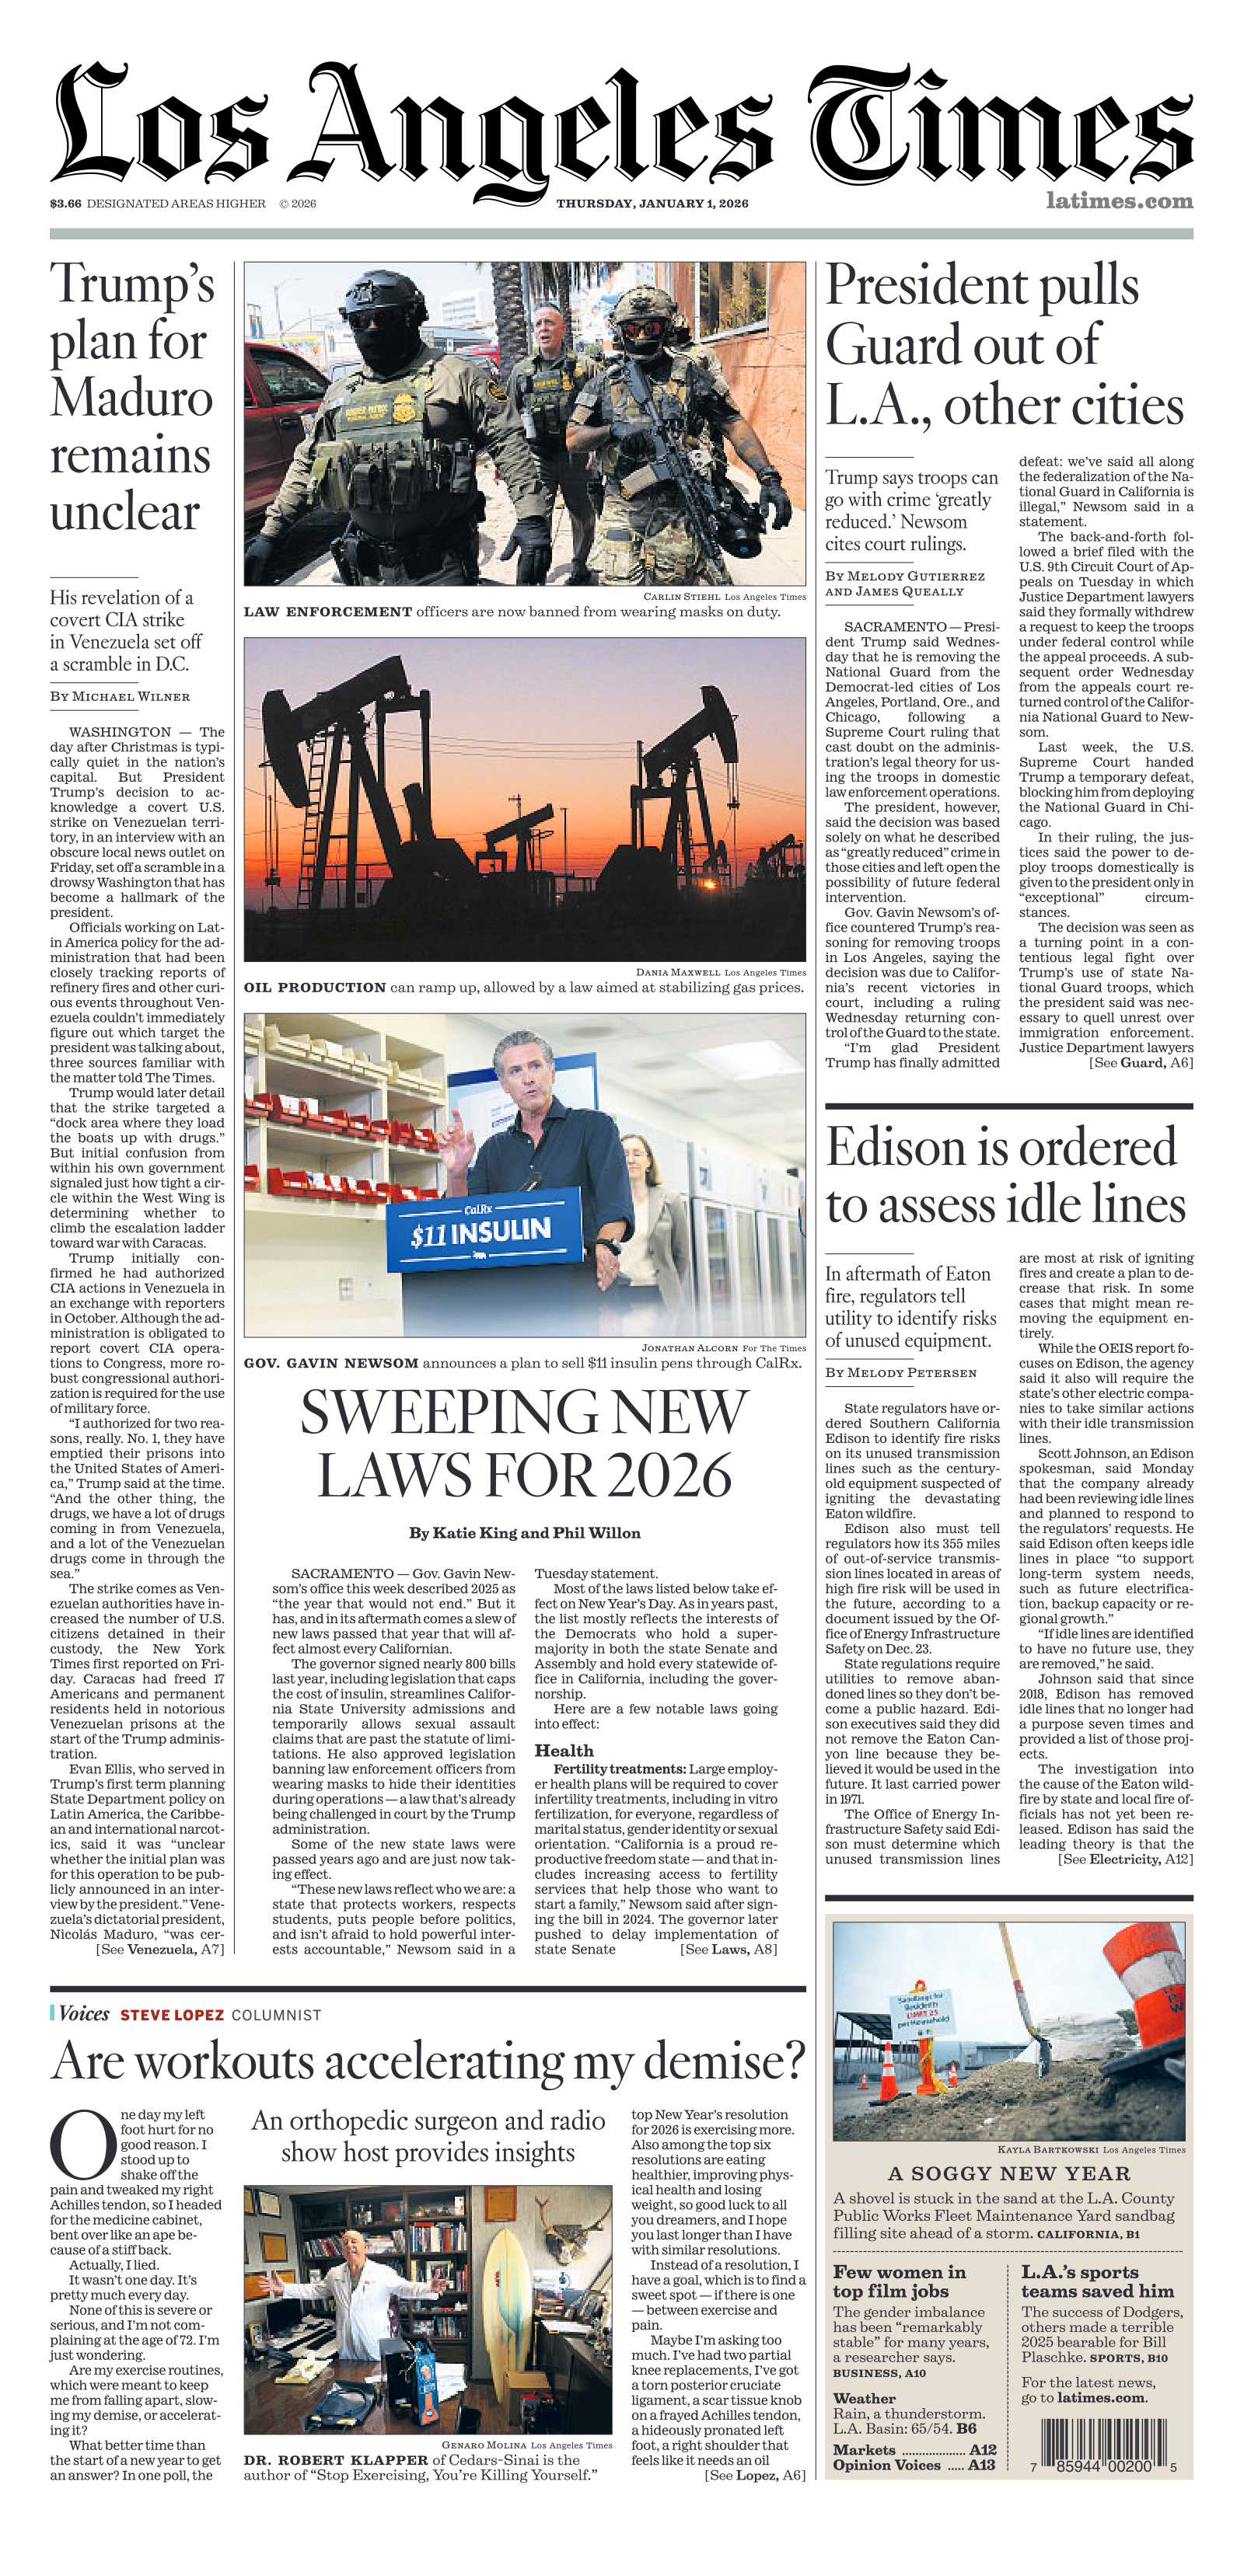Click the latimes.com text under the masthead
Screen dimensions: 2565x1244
pyautogui.click(x=1119, y=201)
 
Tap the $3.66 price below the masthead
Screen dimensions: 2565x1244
pyautogui.click(x=66, y=204)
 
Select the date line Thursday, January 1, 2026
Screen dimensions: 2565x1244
pyautogui.click(x=652, y=204)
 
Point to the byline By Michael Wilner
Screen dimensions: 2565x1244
pyautogui.click(x=120, y=697)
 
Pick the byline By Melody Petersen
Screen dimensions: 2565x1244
pyautogui.click(x=900, y=1373)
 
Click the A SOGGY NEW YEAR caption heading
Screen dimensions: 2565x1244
pyautogui.click(x=1009, y=2173)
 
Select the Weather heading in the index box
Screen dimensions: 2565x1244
pyautogui.click(x=864, y=2398)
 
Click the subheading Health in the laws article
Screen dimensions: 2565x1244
pyautogui.click(x=564, y=1751)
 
